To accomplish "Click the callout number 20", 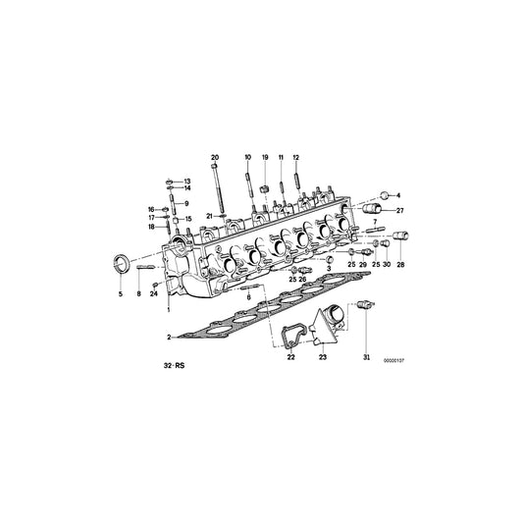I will [x=215, y=157].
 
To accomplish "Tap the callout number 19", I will [x=264, y=157].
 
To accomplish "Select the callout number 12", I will [x=296, y=157].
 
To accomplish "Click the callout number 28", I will [x=399, y=265].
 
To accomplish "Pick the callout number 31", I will [x=368, y=356].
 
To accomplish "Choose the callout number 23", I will [x=322, y=358].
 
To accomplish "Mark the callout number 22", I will [x=290, y=358].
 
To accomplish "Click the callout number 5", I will [x=121, y=293].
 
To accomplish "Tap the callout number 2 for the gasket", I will [x=169, y=337].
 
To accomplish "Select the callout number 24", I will [x=154, y=293].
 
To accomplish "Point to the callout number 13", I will [x=188, y=182].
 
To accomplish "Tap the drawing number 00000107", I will [x=392, y=359].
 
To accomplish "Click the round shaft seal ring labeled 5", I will [x=122, y=264].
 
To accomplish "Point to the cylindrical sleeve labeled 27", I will [x=373, y=211].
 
